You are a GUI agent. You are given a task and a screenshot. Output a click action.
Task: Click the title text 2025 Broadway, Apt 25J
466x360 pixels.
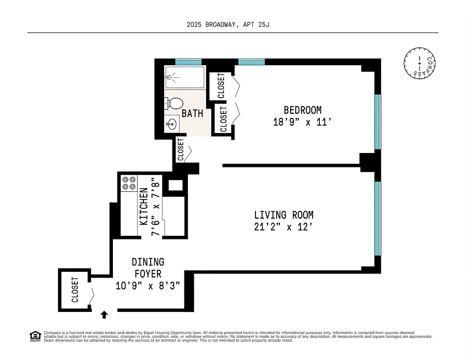click(x=228, y=25)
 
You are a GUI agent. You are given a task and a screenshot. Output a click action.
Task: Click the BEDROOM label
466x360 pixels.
click(x=302, y=110)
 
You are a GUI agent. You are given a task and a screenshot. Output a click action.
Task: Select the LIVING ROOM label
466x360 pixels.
click(x=283, y=215)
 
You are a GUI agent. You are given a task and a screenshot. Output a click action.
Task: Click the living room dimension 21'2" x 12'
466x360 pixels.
click(x=283, y=227)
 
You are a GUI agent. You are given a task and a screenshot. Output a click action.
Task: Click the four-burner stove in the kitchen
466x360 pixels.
click(x=129, y=183)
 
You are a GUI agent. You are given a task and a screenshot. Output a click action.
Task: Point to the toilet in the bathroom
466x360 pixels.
click(x=173, y=103)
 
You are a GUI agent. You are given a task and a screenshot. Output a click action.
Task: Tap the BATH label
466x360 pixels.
click(x=192, y=114)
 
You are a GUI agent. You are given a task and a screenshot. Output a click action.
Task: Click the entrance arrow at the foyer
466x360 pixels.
click(x=104, y=314)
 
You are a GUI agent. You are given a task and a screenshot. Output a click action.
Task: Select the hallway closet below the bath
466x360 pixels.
click(x=180, y=150)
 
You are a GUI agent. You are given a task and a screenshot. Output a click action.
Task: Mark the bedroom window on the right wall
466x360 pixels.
click(x=378, y=121)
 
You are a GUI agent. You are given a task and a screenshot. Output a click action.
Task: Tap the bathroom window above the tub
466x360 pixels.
click(x=188, y=62)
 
